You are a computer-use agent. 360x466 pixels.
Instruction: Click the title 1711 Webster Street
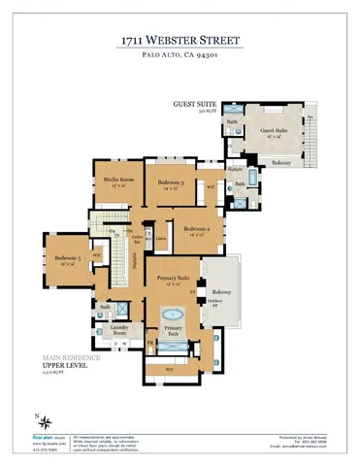180,40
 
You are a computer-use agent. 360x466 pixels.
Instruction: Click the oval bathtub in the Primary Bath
173,315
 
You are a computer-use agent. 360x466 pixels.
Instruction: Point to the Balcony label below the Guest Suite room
279,162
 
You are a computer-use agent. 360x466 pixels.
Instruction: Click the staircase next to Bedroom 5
123,257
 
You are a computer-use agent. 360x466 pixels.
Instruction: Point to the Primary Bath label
173,331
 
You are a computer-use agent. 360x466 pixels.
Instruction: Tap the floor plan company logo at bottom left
32,440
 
